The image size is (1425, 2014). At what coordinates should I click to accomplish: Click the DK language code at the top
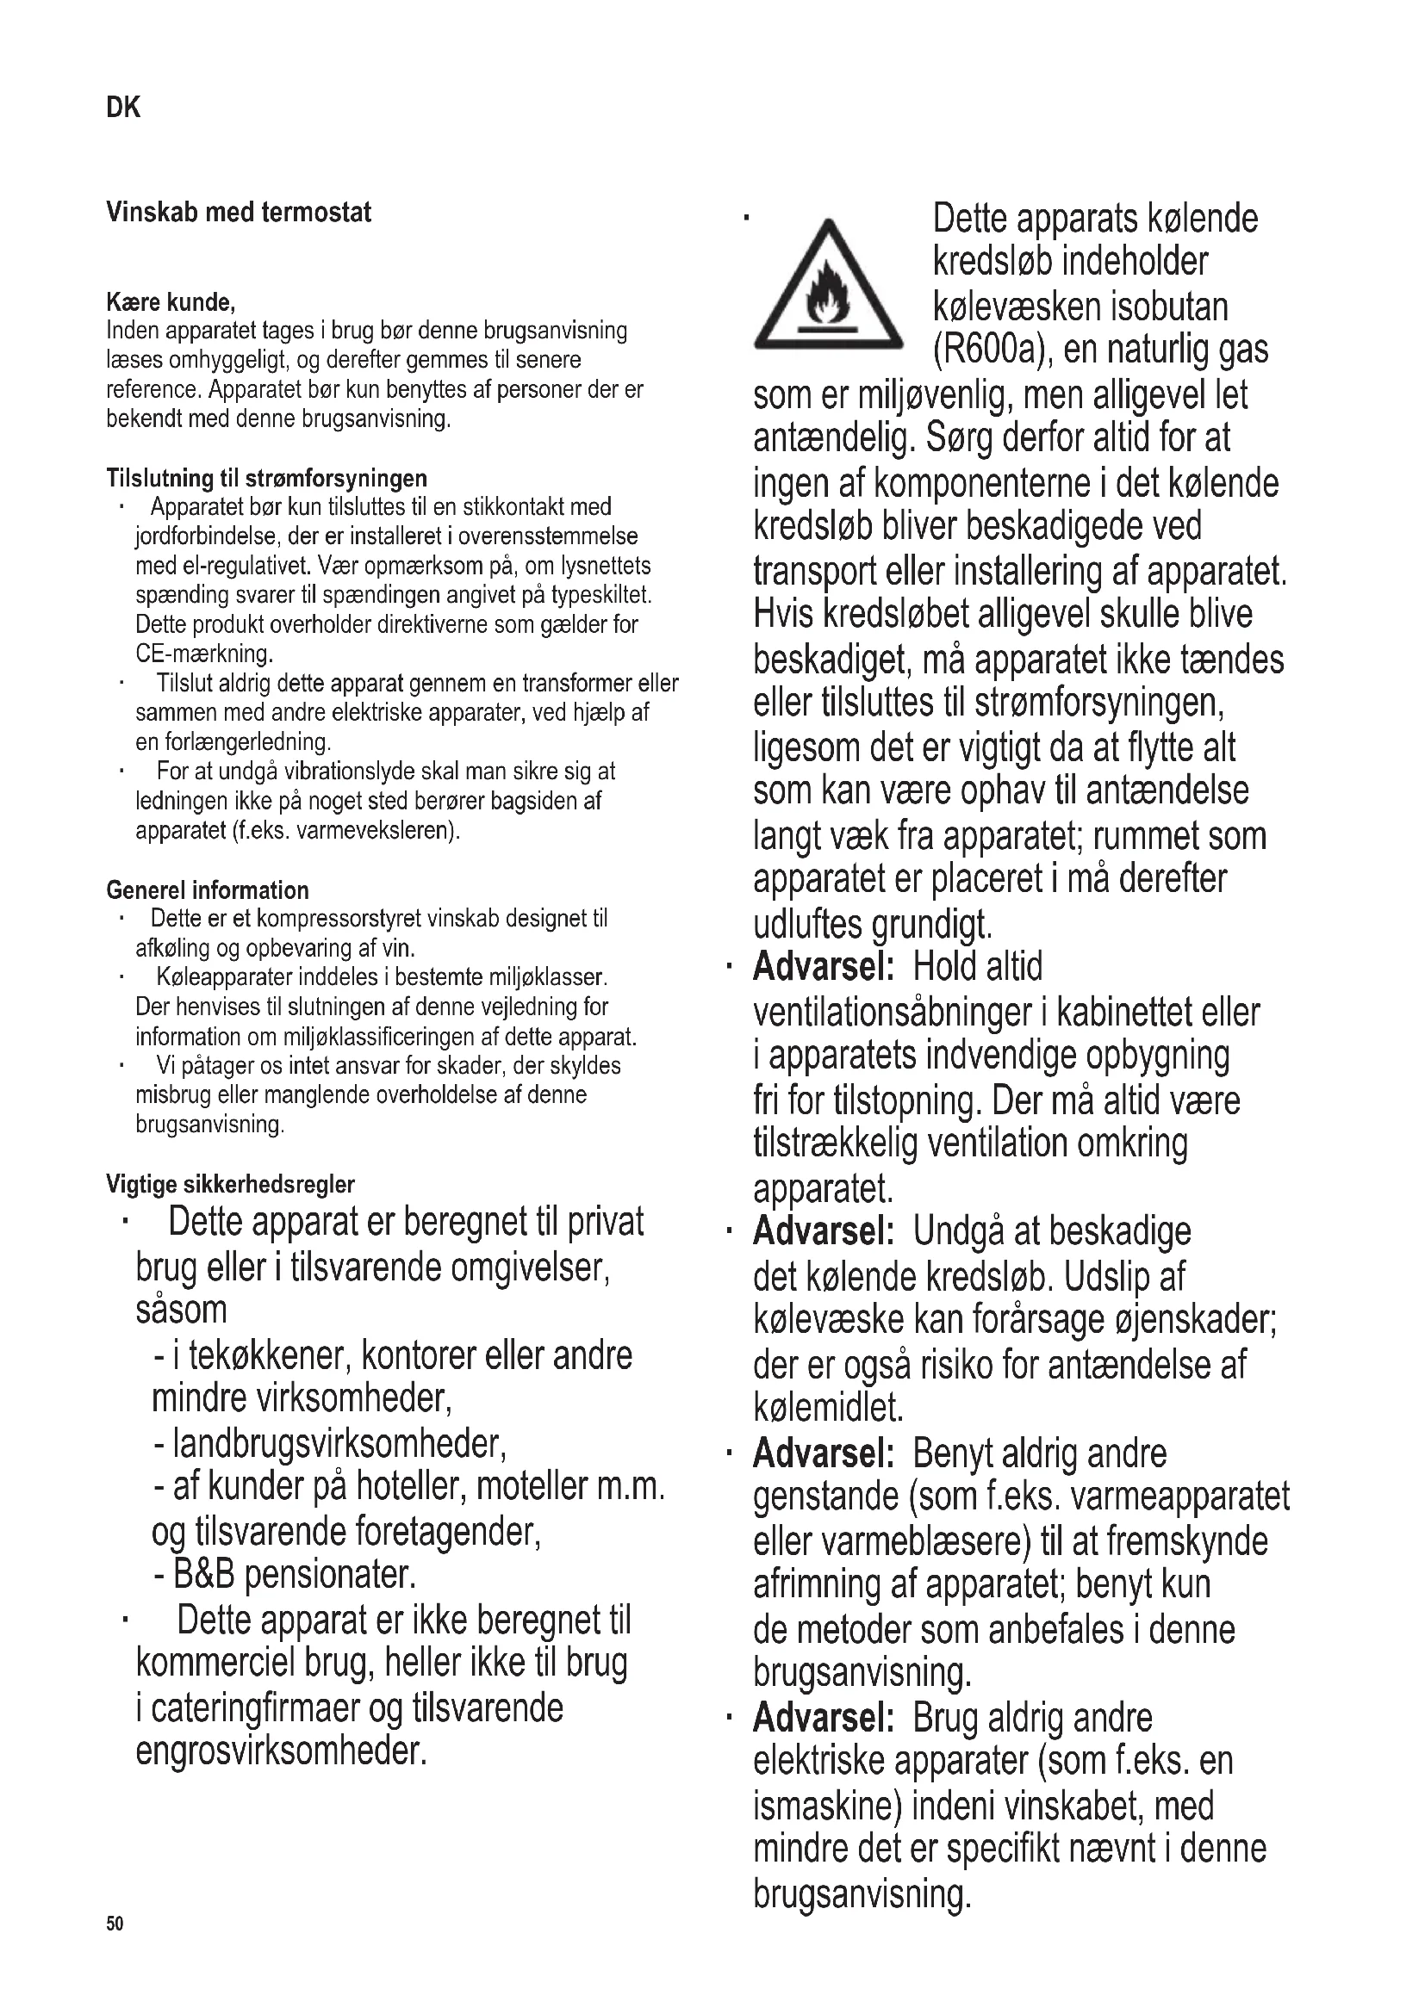pos(123,108)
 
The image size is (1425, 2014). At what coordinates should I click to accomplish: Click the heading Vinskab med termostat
pos(239,213)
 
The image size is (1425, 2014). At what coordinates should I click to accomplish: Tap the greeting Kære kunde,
pos(171,302)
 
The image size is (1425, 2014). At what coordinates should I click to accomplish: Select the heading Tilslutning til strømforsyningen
pos(267,478)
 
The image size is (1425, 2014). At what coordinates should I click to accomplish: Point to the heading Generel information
pos(207,890)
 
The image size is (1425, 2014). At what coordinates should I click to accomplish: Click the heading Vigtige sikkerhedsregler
pos(230,1184)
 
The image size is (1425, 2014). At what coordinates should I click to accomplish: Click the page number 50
pos(115,1924)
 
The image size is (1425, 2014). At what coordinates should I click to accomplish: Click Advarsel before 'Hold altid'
pos(823,967)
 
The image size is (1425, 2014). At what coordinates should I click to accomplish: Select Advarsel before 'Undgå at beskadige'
pos(823,1231)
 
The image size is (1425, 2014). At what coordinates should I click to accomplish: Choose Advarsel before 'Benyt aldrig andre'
pos(823,1453)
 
